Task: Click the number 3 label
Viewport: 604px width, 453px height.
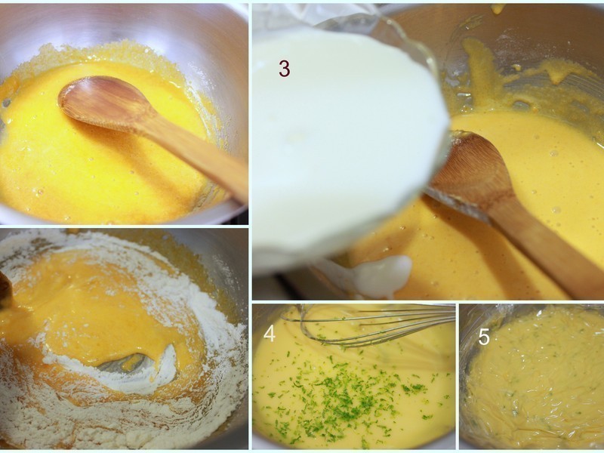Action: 284,69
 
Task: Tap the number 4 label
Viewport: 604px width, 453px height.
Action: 270,333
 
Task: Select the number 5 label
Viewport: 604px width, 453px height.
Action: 484,337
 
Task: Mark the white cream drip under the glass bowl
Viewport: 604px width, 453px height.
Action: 381,276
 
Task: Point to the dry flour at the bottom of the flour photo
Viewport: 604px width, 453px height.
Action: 113,423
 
